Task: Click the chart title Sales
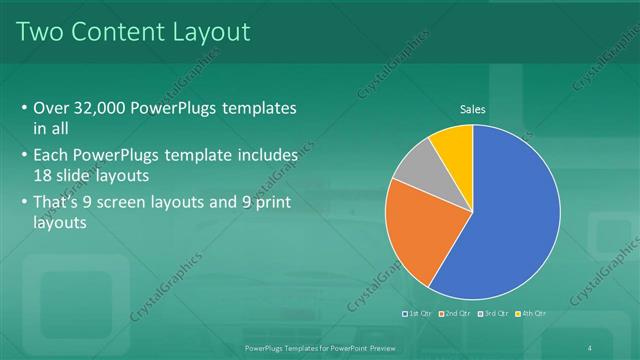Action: (473, 109)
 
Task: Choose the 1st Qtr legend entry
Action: (416, 314)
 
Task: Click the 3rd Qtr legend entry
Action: (495, 314)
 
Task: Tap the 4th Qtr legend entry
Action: (533, 314)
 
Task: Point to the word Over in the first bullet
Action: (51, 108)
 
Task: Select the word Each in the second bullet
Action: (51, 156)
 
